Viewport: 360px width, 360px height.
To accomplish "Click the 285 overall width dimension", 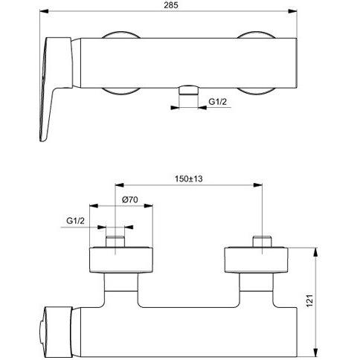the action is pyautogui.click(x=171, y=5).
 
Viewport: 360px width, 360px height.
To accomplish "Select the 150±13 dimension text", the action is pyautogui.click(x=189, y=179).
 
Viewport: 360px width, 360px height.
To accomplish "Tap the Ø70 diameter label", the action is pyautogui.click(x=130, y=199).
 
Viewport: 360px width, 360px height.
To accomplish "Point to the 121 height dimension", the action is pyautogui.click(x=310, y=300).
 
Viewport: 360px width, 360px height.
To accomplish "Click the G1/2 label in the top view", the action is pyautogui.click(x=217, y=101).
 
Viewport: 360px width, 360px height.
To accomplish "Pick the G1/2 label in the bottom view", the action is pyautogui.click(x=75, y=221).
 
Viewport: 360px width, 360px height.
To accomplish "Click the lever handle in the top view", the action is pyautogui.click(x=57, y=89).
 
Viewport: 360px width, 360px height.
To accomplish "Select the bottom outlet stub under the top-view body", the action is pyautogui.click(x=189, y=90).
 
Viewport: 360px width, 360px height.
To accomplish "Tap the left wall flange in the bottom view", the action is pyautogui.click(x=120, y=260).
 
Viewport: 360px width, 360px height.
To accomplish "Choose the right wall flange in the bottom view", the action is pyautogui.click(x=256, y=260).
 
